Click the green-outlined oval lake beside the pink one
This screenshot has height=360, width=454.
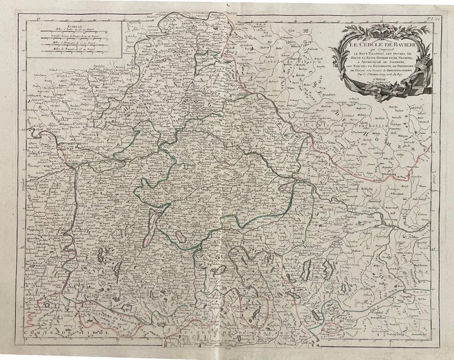(179, 236)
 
